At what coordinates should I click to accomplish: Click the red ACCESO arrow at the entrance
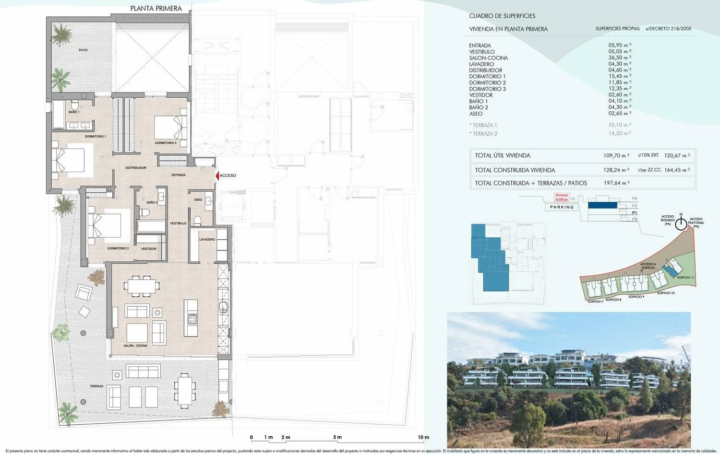click(217, 176)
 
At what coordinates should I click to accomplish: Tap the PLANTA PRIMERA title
click(156, 8)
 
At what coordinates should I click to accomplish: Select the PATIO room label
click(84, 50)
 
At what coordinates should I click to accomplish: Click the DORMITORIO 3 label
click(166, 143)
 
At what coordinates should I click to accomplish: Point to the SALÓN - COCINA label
click(135, 346)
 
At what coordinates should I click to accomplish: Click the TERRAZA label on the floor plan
click(96, 386)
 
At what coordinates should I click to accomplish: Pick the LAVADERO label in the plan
click(207, 239)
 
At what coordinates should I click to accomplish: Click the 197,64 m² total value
click(616, 183)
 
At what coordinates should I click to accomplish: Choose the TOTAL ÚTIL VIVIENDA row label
click(503, 155)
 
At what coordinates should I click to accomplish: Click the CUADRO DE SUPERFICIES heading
click(502, 16)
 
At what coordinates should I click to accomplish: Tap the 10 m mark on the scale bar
click(423, 437)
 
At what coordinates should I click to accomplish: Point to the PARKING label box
click(562, 207)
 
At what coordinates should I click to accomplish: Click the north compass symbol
click(681, 223)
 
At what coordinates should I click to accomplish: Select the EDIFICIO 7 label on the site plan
click(596, 302)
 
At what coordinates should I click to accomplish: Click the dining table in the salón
click(142, 286)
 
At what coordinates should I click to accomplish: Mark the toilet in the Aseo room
click(197, 221)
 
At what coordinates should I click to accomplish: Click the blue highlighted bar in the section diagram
click(602, 205)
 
